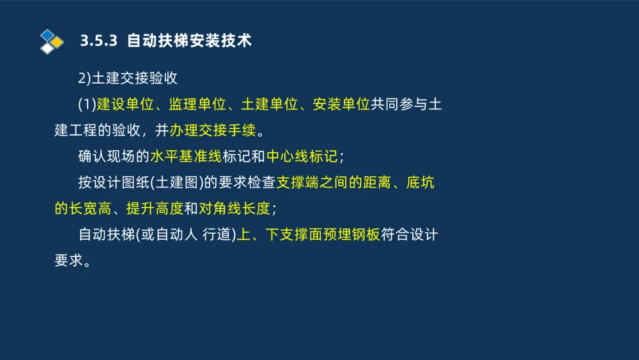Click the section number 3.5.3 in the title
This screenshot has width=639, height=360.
point(99,41)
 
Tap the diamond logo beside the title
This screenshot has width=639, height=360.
point(52,42)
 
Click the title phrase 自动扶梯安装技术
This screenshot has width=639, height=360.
point(189,41)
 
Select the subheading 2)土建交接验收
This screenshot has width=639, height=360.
point(128,79)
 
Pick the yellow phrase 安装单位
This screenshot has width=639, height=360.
point(341,105)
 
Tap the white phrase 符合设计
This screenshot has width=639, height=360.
point(409,235)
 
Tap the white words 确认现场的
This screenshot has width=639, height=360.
point(113,157)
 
